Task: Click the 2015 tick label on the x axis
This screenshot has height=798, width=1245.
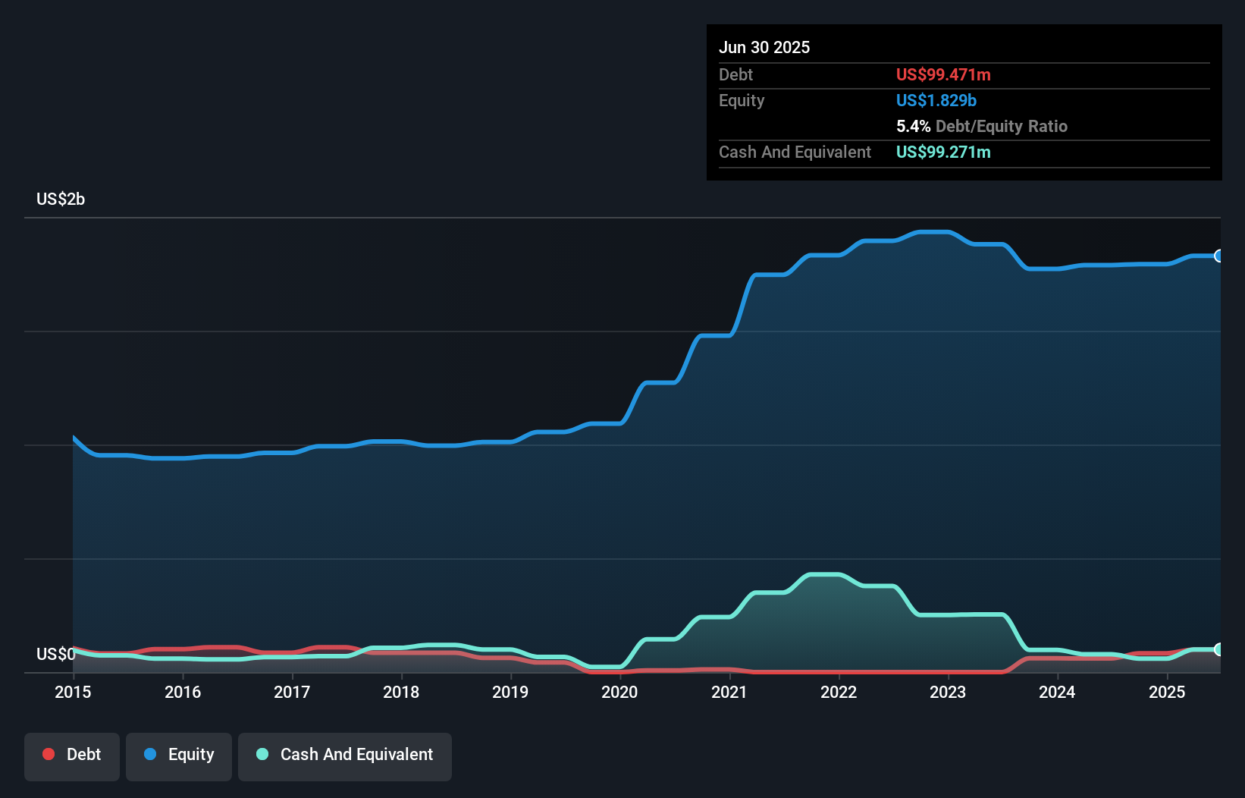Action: tap(73, 692)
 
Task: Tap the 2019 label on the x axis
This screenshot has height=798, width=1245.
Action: tap(510, 692)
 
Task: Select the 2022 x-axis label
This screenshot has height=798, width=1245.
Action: tap(839, 692)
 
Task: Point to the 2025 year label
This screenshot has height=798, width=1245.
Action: tap(1167, 692)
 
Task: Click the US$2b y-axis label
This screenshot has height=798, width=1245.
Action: tap(61, 199)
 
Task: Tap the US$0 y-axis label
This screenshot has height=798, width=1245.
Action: tap(55, 654)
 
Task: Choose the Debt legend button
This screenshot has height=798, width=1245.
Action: tap(72, 755)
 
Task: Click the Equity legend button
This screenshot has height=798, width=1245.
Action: tap(179, 755)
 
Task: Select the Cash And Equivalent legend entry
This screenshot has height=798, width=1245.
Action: tap(345, 755)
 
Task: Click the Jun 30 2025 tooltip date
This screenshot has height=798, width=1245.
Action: tap(764, 47)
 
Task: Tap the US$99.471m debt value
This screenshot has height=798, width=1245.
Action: tap(943, 74)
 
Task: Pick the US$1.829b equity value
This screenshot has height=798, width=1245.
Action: tap(936, 100)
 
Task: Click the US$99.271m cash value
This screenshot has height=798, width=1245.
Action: tap(943, 152)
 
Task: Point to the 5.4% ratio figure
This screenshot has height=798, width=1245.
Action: tap(913, 126)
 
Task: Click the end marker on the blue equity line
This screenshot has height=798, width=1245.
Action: tap(1219, 256)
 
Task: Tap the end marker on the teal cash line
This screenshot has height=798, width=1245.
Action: tap(1219, 649)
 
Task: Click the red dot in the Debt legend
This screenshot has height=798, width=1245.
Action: tap(49, 754)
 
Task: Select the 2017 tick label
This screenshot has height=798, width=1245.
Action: tap(292, 692)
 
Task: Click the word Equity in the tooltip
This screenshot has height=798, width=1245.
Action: tap(742, 100)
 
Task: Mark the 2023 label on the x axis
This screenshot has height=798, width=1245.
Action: tap(948, 692)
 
